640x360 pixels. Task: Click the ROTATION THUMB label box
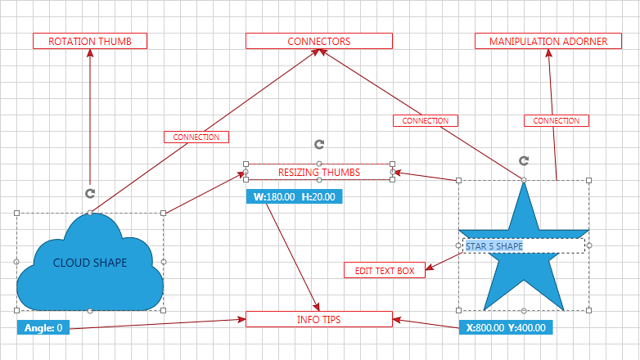point(90,41)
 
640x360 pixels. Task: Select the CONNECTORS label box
point(319,41)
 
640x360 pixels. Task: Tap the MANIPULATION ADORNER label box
point(548,41)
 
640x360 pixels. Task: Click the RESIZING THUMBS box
point(319,172)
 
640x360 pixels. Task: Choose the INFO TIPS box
point(319,319)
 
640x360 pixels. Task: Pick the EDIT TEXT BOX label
point(385,270)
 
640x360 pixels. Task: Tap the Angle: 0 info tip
point(43,328)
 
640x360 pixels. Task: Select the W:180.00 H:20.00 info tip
point(294,197)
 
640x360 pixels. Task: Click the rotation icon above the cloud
point(90,193)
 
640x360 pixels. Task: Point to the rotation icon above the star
point(524,160)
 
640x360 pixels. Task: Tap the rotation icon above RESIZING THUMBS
point(319,144)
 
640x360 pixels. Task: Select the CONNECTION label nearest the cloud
point(196,137)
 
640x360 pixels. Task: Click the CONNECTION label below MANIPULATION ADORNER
point(557,120)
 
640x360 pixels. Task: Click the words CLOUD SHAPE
point(90,263)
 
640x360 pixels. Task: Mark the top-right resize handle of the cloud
point(164,213)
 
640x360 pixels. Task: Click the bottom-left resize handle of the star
point(458,311)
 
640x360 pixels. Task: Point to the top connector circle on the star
point(524,180)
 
